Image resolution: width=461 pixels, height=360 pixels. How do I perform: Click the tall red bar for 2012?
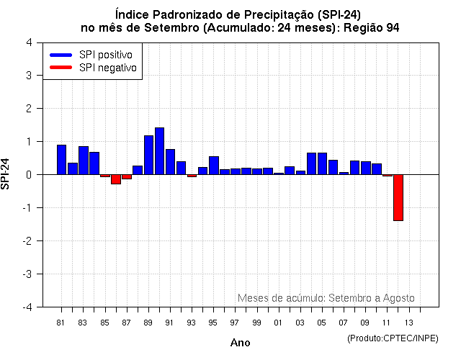(x=398, y=197)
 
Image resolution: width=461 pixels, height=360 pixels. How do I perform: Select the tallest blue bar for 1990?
(x=159, y=151)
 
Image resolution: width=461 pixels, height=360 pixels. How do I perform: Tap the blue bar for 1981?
(x=61, y=160)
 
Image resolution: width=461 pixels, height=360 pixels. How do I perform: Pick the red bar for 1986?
(x=115, y=179)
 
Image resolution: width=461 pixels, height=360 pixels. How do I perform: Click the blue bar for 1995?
(x=213, y=166)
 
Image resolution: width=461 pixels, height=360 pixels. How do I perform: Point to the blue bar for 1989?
(x=148, y=155)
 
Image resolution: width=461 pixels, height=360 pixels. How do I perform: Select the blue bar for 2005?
(x=322, y=163)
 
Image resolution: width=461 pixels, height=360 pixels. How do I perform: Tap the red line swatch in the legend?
(x=61, y=67)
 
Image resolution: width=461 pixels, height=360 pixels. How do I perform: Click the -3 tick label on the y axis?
(x=27, y=274)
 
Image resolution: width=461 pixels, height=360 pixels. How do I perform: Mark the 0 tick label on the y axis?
(x=28, y=174)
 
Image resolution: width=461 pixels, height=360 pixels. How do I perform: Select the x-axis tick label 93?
(x=191, y=322)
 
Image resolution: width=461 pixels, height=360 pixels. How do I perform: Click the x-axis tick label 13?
(x=408, y=322)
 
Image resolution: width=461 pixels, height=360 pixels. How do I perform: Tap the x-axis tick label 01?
(x=278, y=322)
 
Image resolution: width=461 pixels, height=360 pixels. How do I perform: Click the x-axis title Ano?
(x=240, y=343)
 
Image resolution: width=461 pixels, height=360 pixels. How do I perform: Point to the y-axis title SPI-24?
(x=6, y=174)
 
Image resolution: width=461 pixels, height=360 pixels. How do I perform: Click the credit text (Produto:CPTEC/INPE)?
(x=393, y=338)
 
